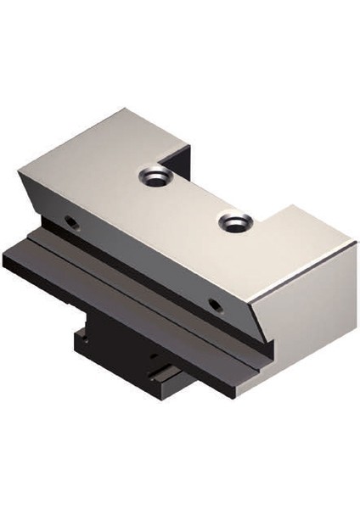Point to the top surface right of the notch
pyautogui.click(x=306, y=238)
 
